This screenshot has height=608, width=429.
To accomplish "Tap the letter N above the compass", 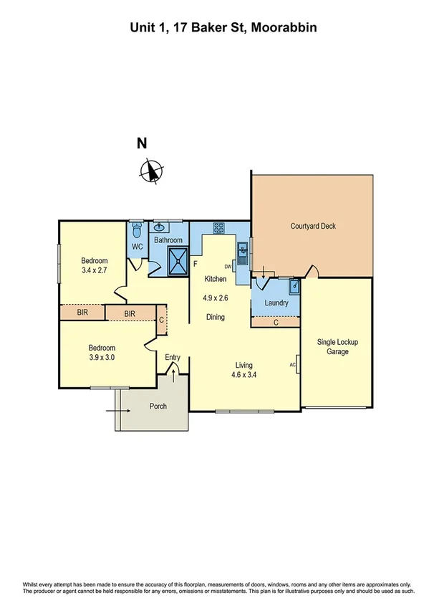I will point(143,143).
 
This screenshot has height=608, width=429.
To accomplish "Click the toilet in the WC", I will point(137,230).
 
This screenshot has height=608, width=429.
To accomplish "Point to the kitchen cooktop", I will point(218,229).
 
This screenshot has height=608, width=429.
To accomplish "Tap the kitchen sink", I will point(243,250).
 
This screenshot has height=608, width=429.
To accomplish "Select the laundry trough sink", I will point(293,287).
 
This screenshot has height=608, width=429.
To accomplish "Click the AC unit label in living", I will point(293,364).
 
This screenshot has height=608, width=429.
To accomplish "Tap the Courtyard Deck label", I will point(313,227).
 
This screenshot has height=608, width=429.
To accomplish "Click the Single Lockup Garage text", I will point(337,347).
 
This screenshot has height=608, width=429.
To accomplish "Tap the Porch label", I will point(158,407).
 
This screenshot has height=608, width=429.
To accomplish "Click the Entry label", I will point(173,357).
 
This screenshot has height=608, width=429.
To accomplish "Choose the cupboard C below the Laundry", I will point(276,323).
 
